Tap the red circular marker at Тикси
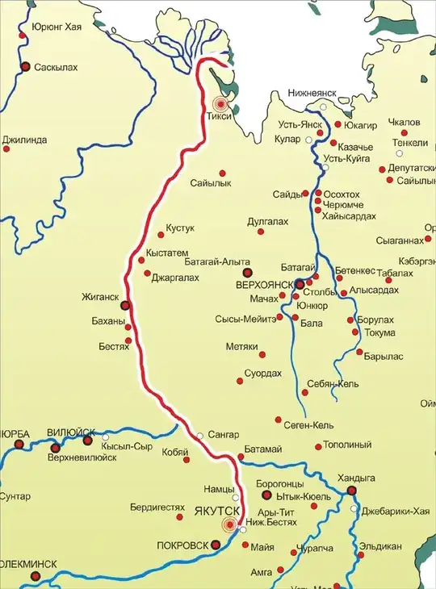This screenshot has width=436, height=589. [x=220, y=104]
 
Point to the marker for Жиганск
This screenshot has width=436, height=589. [x=125, y=305]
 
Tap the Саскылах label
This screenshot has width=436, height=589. [x=56, y=68]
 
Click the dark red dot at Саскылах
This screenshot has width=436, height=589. [x=26, y=67]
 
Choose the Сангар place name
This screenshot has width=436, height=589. [x=224, y=434]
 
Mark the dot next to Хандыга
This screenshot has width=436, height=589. [x=351, y=491]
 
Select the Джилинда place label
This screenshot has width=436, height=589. [x=24, y=140]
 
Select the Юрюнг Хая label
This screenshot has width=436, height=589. [x=57, y=27]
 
